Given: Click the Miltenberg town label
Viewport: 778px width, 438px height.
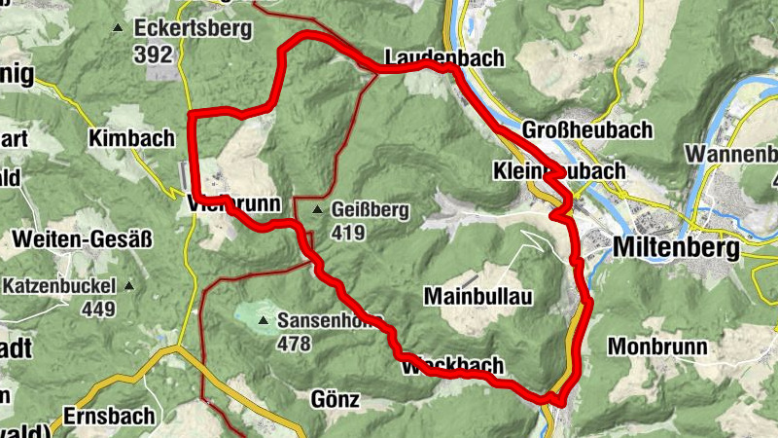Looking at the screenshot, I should point(676,248).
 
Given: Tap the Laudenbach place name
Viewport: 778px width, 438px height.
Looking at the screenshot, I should point(444,57).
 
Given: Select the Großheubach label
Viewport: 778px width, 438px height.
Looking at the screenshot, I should point(574,129).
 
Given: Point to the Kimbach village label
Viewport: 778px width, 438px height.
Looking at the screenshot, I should point(130,138).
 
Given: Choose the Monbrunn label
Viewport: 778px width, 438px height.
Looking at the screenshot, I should point(649,346).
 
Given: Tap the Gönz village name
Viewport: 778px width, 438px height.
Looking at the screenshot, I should point(336,399).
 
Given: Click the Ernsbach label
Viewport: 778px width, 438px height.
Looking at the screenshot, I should point(109,416).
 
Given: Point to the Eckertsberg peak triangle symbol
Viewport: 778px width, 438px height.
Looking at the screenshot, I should point(119,28).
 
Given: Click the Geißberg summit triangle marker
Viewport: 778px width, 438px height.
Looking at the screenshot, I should point(317,209).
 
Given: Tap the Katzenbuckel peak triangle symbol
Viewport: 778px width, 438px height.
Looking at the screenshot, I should point(129,286).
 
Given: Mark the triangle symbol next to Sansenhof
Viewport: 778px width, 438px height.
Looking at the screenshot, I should point(262,319).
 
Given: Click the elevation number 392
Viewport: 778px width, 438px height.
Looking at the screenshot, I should point(154,55).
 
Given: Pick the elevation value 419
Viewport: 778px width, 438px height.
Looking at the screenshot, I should point(347,233).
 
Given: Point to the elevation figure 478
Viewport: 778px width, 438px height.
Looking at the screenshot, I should point(293,344).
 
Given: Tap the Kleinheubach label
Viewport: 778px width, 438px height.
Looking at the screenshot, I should point(559,171).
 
